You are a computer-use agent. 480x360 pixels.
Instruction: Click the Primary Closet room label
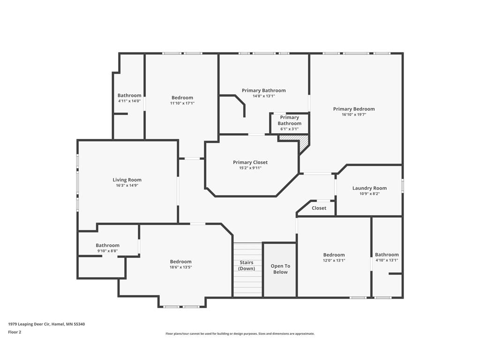250,162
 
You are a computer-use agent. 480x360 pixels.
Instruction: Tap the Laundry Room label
369,188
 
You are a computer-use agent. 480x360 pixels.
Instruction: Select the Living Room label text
127,180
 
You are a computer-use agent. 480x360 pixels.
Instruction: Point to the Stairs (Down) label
247,265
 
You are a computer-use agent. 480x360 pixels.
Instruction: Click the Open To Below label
280,269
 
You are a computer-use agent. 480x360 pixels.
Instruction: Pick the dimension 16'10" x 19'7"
354,114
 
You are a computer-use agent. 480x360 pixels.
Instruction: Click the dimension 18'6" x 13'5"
180,267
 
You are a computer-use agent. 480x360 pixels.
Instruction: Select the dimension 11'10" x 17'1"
182,103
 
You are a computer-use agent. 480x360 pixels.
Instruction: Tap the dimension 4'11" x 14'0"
129,101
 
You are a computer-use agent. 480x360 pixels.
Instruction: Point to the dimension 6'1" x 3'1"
289,129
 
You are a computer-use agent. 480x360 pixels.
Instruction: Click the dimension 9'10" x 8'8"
107,251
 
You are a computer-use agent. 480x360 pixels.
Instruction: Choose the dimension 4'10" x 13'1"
387,260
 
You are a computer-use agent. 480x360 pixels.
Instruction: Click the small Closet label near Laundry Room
319,208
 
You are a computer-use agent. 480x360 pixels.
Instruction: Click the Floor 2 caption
15,332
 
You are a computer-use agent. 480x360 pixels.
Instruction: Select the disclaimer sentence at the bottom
240,334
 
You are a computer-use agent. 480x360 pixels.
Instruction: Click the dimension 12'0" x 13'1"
334,260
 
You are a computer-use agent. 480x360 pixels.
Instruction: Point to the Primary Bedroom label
354,109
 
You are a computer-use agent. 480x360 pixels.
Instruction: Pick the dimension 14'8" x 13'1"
263,96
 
